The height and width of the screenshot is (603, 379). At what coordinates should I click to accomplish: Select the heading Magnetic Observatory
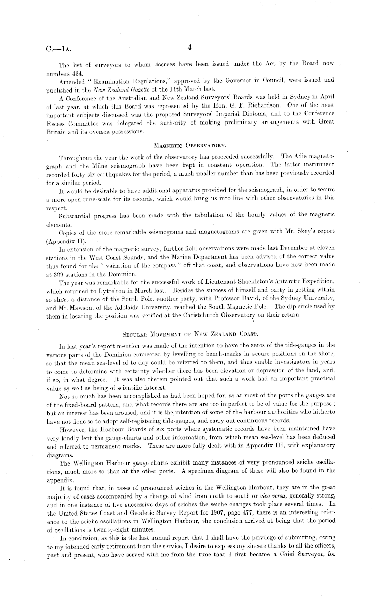(x=190, y=146)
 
